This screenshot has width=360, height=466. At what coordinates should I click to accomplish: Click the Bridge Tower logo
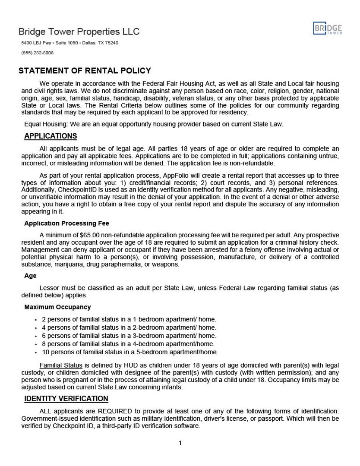pyautogui.click(x=328, y=28)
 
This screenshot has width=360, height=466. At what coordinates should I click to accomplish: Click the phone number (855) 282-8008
pyautogui.click(x=38, y=53)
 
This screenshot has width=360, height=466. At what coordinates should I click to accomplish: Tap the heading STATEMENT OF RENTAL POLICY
pyautogui.click(x=85, y=71)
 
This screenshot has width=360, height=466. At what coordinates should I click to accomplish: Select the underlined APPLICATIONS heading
pyautogui.click(x=51, y=136)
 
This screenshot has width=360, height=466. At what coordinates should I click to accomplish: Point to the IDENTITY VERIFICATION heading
pyautogui.click(x=66, y=399)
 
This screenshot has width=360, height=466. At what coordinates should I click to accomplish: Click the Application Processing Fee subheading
pyautogui.click(x=66, y=224)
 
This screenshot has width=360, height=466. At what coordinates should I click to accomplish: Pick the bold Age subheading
pyautogui.click(x=30, y=276)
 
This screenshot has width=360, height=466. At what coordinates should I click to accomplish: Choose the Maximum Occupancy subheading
pyautogui.click(x=57, y=307)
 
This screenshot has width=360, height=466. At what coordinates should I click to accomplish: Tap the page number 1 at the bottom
pyautogui.click(x=180, y=443)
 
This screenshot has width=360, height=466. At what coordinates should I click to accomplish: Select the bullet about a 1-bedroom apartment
pyautogui.click(x=129, y=319)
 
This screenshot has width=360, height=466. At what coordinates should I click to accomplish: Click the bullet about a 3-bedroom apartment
pyautogui.click(x=129, y=336)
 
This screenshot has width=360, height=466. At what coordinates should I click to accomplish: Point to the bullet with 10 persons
pyautogui.click(x=129, y=352)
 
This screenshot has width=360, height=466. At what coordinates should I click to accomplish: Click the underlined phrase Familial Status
pyautogui.click(x=61, y=366)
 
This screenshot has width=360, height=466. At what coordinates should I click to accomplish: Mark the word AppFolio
pyautogui.click(x=175, y=176)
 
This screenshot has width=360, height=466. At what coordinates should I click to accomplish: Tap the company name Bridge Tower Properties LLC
pyautogui.click(x=79, y=32)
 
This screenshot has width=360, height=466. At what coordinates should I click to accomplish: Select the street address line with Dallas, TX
pyautogui.click(x=69, y=43)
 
